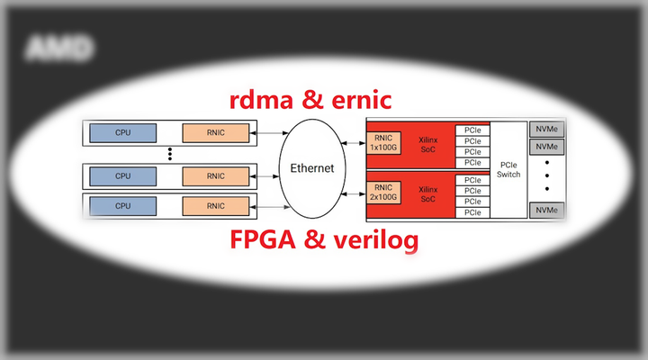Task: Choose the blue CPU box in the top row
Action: (122, 133)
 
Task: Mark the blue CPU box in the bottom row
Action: (122, 206)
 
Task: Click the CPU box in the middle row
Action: (122, 175)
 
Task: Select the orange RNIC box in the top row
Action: (216, 133)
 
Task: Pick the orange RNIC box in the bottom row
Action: (216, 206)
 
